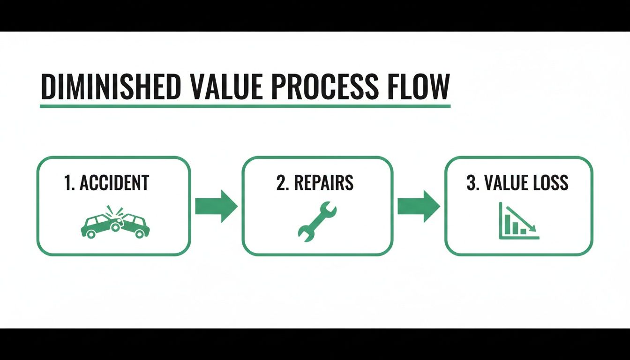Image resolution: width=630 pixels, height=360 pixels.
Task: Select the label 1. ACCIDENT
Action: [x=106, y=183]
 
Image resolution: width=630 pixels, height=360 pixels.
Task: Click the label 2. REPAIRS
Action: [x=315, y=183]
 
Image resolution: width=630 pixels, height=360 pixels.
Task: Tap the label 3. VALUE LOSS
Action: [x=517, y=183]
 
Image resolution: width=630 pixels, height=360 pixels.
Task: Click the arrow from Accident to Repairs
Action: [x=216, y=206]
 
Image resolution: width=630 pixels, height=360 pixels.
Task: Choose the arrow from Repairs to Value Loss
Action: [x=419, y=206]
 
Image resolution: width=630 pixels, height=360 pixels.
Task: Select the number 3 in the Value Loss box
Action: [x=470, y=183]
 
